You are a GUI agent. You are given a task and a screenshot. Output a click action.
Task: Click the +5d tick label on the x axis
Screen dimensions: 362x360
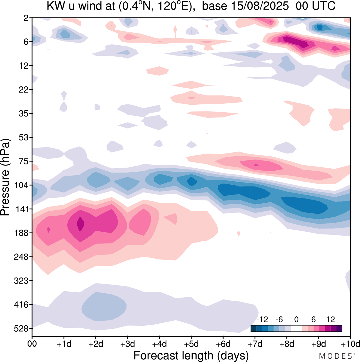point(191,344)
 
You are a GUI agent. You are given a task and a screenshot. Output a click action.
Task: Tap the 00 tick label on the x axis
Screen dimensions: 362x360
point(32,344)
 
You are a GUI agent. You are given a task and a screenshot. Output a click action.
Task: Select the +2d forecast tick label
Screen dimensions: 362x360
point(96,344)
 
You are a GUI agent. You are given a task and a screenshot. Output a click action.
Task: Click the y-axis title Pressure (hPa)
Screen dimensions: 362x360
point(5,177)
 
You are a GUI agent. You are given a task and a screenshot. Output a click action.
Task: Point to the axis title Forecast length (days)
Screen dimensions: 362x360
point(191,355)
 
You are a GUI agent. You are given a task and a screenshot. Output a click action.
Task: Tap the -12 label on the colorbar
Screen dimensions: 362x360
point(262,319)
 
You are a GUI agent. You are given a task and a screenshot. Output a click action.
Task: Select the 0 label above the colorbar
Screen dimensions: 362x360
point(296,319)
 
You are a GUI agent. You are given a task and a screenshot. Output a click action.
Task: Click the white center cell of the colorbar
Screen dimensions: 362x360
point(296,329)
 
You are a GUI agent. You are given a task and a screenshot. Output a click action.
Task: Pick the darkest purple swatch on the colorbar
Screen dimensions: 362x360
point(339,329)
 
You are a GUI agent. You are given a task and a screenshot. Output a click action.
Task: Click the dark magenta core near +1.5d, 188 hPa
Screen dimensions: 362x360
point(80,224)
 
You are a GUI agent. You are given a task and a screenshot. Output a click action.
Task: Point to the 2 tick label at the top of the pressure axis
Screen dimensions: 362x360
point(26,18)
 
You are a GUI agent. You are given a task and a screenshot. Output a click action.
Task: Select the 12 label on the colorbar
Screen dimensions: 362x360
point(330,319)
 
